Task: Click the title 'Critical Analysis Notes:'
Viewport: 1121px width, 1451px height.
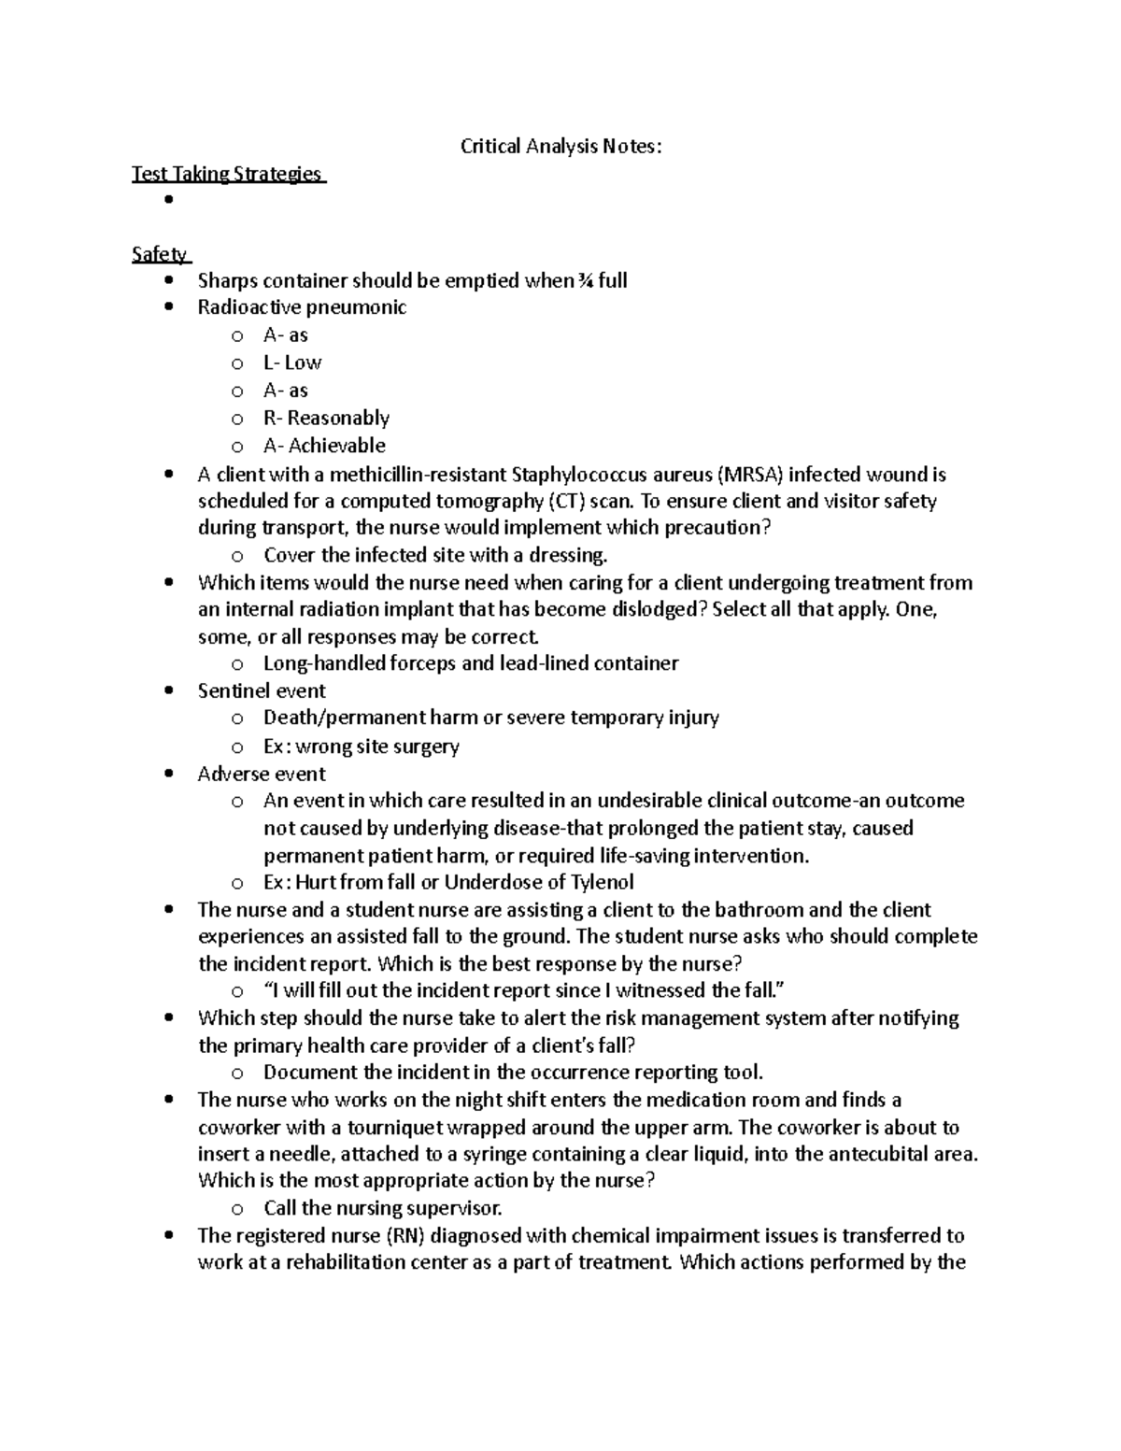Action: click(560, 147)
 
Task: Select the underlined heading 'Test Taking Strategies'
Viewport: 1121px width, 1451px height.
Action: click(227, 174)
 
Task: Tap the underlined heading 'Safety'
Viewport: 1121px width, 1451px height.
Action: click(160, 254)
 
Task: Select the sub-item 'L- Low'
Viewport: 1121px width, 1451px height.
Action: click(292, 363)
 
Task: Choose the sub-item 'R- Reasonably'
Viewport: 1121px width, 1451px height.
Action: click(326, 418)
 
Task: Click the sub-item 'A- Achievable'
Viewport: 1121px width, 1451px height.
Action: click(324, 446)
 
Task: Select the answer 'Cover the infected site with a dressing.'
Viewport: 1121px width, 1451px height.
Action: click(435, 555)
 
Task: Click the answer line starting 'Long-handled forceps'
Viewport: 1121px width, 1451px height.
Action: click(471, 663)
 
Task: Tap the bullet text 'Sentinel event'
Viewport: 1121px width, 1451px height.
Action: click(262, 690)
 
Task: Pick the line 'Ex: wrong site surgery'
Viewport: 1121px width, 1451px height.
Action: click(361, 746)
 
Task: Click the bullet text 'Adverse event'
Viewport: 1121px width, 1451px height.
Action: click(262, 774)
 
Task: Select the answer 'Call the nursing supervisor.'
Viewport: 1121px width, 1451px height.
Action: click(383, 1207)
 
